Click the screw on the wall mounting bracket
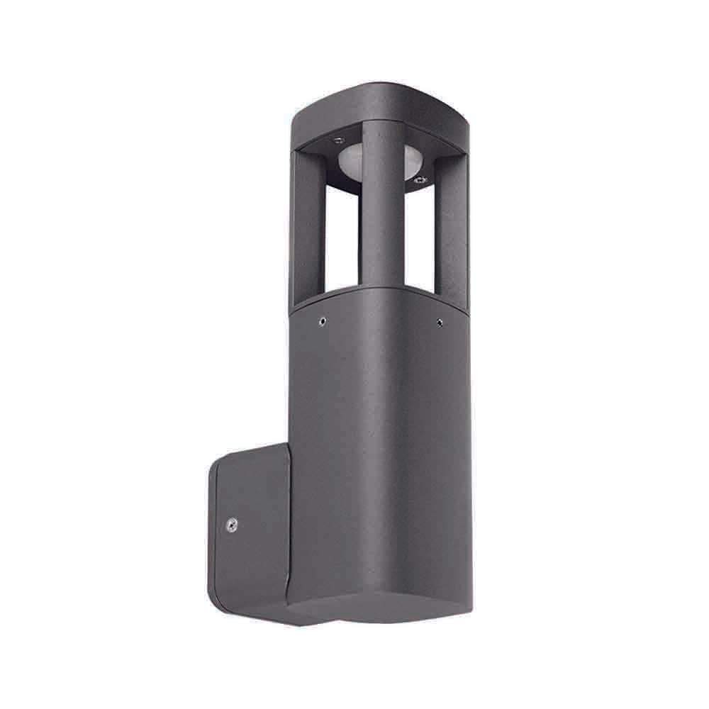tap(231, 525)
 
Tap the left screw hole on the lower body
tap(323, 320)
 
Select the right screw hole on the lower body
tap(440, 323)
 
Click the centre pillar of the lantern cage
tap(383, 206)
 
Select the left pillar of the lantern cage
tap(306, 227)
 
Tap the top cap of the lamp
tap(383, 110)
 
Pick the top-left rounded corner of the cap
tap(298, 113)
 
